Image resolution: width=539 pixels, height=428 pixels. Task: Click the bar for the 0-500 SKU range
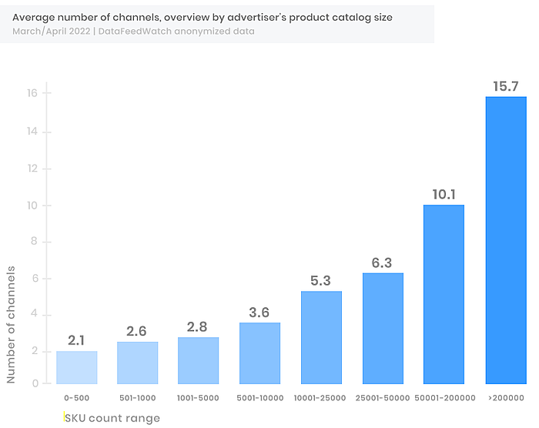[x=76, y=367]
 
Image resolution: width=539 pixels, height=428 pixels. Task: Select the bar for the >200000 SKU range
[x=505, y=240]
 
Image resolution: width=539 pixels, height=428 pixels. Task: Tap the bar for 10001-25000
[x=321, y=337]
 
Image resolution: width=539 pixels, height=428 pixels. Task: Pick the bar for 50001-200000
[x=444, y=294]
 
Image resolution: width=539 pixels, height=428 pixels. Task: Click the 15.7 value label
[x=505, y=86]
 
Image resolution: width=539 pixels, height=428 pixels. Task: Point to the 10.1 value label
[x=444, y=194]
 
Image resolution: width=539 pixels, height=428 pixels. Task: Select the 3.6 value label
[x=259, y=312]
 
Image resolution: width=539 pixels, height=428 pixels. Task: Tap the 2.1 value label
[x=76, y=340]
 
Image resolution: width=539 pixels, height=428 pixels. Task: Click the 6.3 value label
[x=383, y=262]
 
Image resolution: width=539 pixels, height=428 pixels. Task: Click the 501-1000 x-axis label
[x=137, y=398]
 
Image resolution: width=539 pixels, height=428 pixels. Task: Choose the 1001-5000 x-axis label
[x=198, y=398]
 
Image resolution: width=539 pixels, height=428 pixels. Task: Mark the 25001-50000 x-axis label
[x=383, y=398]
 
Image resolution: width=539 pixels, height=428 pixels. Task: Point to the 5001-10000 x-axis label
[x=259, y=398]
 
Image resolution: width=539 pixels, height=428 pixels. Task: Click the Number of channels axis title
[x=11, y=324]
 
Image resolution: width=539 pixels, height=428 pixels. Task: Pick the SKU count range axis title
[x=112, y=418]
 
